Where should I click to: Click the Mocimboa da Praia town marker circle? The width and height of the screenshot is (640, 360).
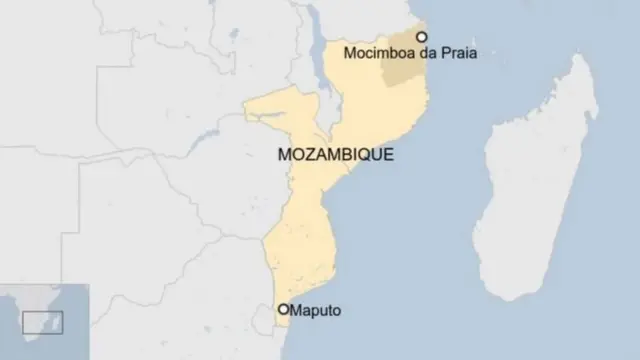click(x=421, y=36)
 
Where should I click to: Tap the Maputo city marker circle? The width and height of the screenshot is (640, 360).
click(x=284, y=310)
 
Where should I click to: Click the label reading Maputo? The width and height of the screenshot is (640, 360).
click(x=316, y=311)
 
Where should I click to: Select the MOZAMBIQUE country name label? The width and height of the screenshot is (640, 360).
click(x=334, y=156)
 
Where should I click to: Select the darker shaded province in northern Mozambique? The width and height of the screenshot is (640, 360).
click(x=406, y=55)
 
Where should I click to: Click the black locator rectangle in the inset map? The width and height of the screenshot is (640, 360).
click(x=43, y=322)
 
